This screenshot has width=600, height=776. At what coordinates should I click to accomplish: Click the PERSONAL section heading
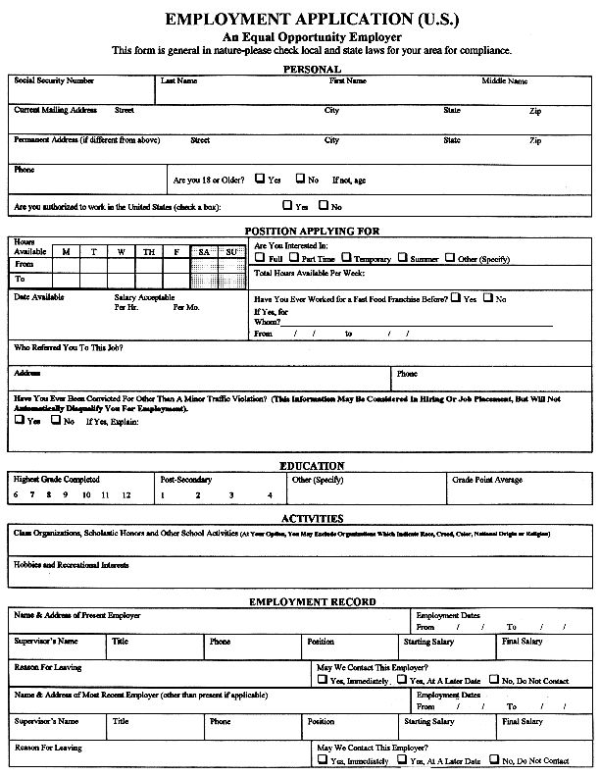[x=312, y=69]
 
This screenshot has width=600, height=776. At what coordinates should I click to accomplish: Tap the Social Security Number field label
[x=54, y=80]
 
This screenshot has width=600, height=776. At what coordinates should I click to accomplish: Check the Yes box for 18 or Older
[x=261, y=180]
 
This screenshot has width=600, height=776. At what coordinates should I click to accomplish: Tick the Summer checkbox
[x=405, y=258]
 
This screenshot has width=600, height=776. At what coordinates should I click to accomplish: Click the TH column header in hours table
[x=149, y=252]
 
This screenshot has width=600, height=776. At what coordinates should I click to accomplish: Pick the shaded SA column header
[x=204, y=252]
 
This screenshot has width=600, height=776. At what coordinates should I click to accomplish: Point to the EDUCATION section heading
[x=312, y=466]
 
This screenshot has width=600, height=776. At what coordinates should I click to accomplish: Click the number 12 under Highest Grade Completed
[x=127, y=495]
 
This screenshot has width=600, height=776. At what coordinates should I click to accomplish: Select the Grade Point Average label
[x=487, y=480]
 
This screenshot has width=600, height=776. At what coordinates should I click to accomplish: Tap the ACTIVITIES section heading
[x=312, y=518]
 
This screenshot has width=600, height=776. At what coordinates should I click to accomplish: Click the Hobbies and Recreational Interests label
[x=72, y=565]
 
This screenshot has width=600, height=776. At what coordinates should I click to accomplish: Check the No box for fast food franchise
[x=488, y=297]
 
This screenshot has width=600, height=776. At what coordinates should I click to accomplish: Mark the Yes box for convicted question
[x=20, y=420]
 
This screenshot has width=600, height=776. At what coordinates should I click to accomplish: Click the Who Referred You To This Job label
[x=69, y=347]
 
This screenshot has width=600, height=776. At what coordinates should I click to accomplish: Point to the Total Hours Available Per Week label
[x=309, y=273]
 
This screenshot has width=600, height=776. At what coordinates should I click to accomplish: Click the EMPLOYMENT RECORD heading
[x=312, y=601]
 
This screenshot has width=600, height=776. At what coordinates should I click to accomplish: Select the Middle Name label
[x=504, y=80]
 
